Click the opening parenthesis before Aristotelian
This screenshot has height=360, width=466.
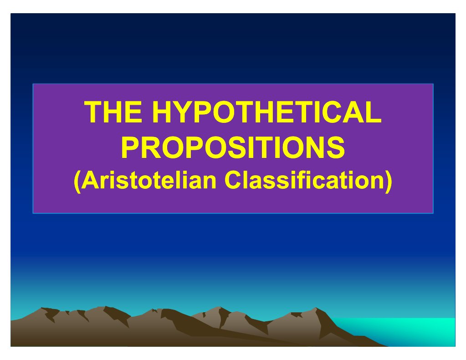coord(77,182)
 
